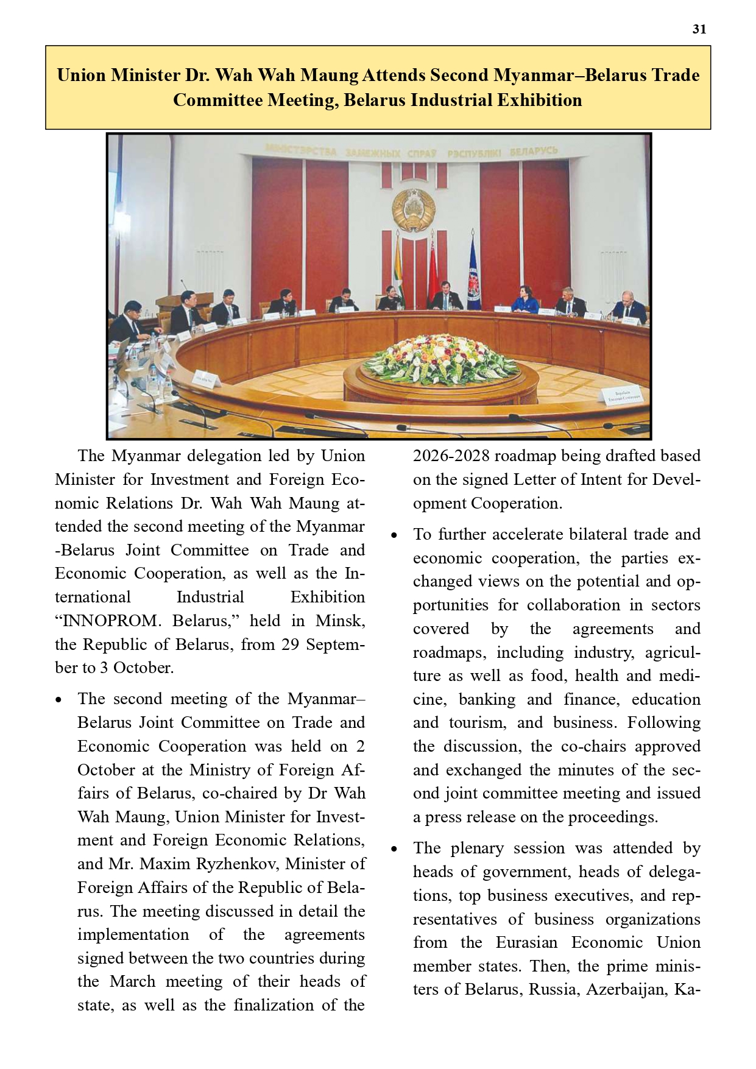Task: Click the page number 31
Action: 699,29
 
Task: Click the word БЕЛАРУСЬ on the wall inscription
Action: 533,150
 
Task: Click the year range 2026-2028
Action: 451,456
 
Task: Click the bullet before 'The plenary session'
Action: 394,848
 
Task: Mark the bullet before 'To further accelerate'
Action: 394,535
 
